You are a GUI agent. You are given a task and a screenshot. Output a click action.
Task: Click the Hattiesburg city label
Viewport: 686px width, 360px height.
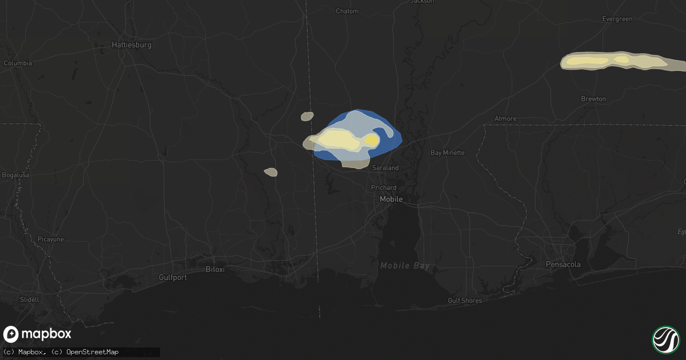coord(131,45)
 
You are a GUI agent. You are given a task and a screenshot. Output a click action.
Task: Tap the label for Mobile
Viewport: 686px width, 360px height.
coord(392,199)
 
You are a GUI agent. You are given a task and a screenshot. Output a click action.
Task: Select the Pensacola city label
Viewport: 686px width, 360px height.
coord(563,265)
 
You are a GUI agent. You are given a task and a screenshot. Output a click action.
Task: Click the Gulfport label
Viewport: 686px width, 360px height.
coord(173,277)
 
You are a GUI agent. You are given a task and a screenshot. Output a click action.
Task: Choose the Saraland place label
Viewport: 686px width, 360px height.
coord(385,168)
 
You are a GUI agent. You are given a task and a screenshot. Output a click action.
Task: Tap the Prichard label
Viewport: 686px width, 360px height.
coord(384,187)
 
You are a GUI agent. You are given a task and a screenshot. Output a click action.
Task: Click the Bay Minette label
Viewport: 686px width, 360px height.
coord(447,153)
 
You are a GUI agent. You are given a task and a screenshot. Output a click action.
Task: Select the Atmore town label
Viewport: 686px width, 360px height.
coord(505,119)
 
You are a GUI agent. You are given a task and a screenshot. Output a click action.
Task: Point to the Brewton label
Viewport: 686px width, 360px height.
coord(593,99)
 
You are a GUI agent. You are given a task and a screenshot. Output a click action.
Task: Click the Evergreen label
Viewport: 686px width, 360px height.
coord(617,19)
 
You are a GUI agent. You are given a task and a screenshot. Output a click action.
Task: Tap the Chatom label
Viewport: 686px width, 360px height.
coord(347,11)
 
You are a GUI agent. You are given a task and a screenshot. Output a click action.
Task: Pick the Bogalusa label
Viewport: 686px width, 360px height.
coord(15,174)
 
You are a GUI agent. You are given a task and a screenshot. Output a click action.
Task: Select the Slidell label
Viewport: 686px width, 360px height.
coord(29,299)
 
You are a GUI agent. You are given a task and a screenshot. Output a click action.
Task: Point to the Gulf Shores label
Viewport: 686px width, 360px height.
coord(465,301)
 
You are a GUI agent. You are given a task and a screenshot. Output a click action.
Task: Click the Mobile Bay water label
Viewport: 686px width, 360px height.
coord(405,266)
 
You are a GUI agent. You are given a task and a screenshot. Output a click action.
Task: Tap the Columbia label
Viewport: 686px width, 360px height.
coord(18,63)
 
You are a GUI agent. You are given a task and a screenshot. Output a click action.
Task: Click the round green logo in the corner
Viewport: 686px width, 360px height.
coord(665,339)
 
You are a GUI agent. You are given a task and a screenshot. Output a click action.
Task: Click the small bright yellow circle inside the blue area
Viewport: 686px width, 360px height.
coord(372,140)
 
